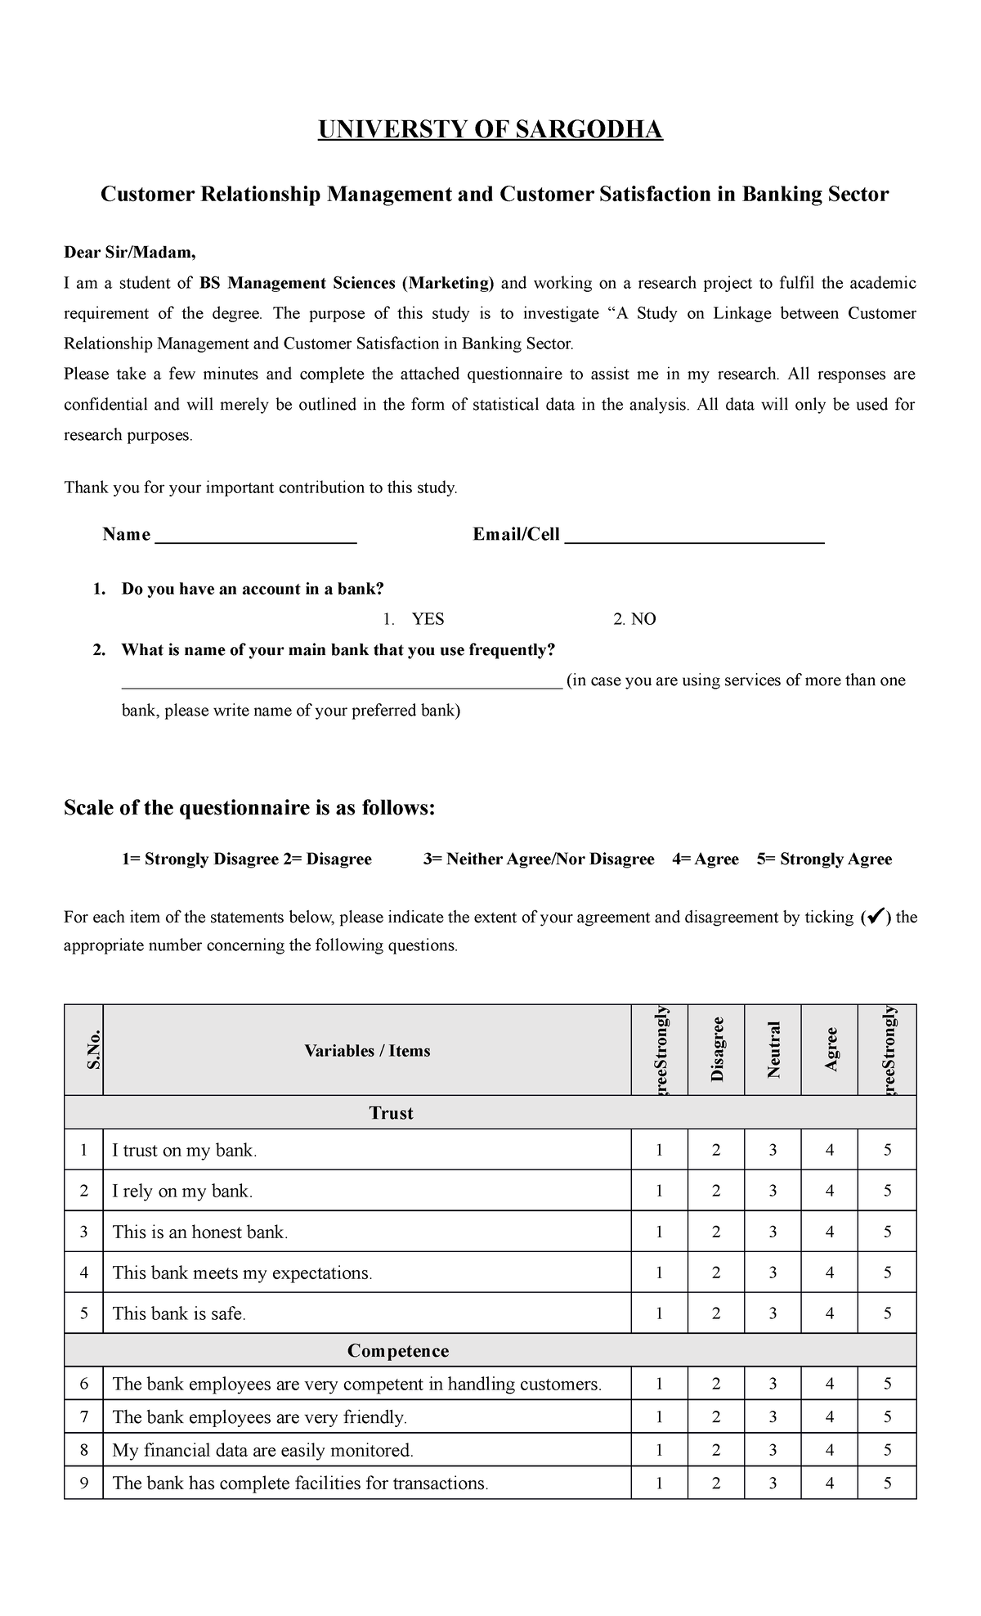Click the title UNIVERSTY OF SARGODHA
point(490,130)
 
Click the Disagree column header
point(717,1049)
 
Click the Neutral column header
point(773,1049)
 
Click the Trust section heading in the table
point(391,1113)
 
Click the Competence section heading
point(398,1351)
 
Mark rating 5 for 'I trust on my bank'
point(887,1151)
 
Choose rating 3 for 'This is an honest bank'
point(773,1232)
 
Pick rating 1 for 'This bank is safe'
point(659,1314)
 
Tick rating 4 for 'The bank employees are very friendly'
point(830,1417)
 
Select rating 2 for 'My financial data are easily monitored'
point(716,1451)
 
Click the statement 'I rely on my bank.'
point(182,1192)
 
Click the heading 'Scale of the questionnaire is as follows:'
point(249,808)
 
